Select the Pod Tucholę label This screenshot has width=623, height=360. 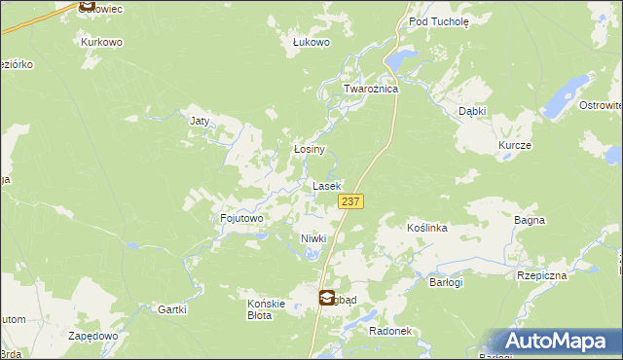point(439,20)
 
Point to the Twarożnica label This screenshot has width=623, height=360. point(371,89)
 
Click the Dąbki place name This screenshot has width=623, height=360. point(472,112)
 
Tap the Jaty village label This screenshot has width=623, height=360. point(201,122)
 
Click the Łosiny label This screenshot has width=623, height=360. point(309,150)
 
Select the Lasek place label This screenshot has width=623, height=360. point(326,185)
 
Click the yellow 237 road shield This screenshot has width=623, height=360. point(351,200)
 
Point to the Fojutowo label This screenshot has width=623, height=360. point(242,219)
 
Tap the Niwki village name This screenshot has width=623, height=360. point(312,238)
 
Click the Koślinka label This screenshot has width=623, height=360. point(426,228)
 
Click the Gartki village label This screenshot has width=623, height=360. point(171,309)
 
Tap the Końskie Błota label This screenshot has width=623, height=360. point(266,309)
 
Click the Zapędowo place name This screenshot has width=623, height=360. point(93,335)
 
